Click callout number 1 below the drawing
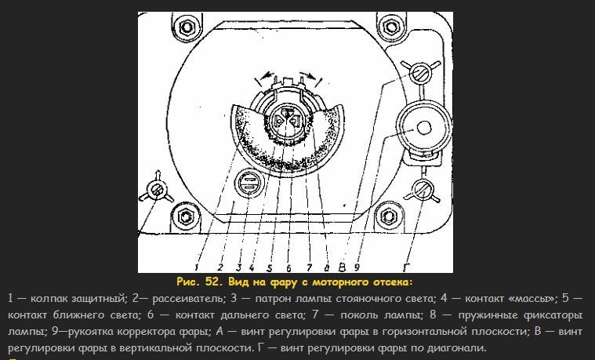click(x=197, y=267)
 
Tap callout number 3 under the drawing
click(x=238, y=267)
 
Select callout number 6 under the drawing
click(x=288, y=268)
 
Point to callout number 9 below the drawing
click(x=357, y=267)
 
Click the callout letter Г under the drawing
click(x=406, y=267)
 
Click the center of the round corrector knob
click(x=423, y=128)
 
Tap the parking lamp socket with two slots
click(x=249, y=184)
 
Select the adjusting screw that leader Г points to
click(x=422, y=190)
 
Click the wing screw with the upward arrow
click(x=157, y=189)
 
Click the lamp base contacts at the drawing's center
click(x=287, y=120)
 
